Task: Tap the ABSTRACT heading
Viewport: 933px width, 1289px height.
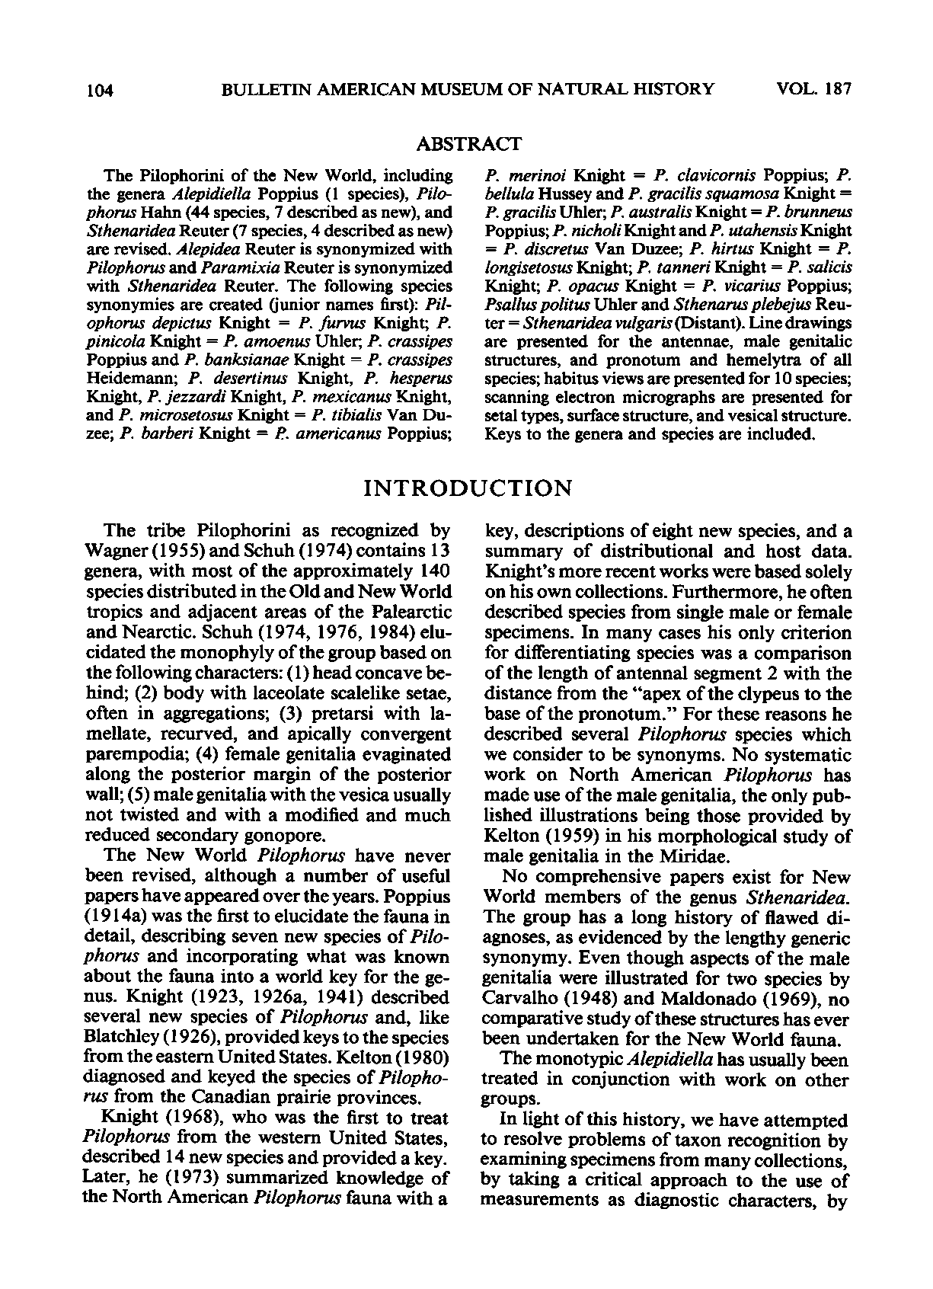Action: (469, 143)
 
